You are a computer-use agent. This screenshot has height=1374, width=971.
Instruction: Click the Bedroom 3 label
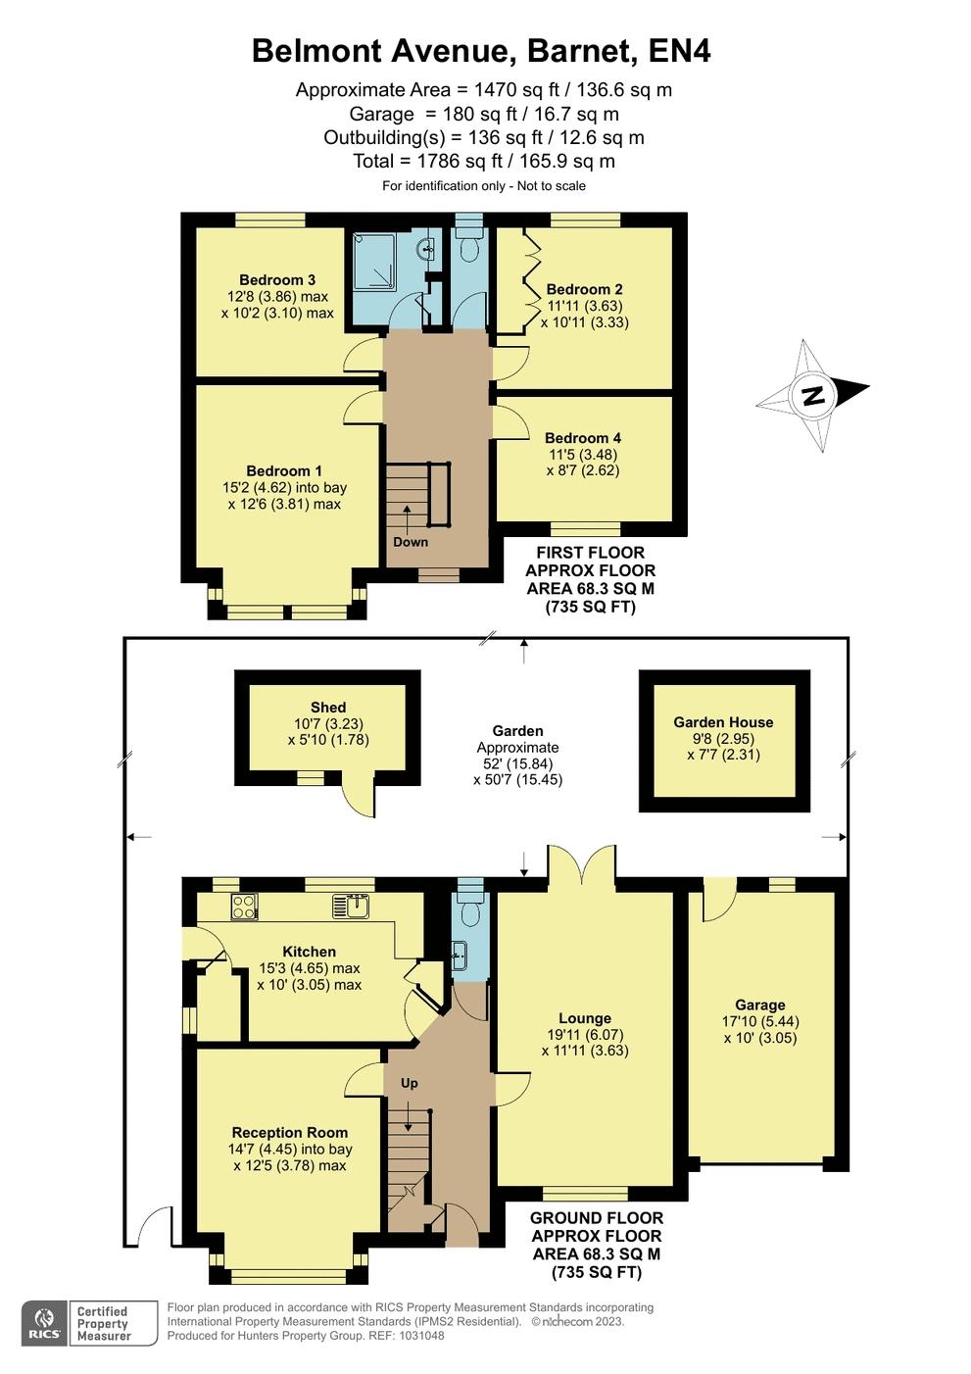[x=277, y=279]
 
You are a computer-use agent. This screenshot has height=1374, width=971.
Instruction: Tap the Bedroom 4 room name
[x=582, y=438]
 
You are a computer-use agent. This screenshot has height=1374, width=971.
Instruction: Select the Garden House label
[x=723, y=722]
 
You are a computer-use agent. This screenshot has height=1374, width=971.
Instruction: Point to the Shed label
[x=328, y=708]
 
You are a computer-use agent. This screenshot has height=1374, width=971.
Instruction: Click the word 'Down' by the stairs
[x=411, y=542]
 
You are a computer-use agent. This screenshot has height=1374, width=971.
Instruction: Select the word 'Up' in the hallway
[x=410, y=1083]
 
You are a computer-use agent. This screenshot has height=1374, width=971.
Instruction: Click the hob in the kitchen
[x=244, y=907]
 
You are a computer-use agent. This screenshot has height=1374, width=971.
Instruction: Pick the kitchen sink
[x=351, y=907]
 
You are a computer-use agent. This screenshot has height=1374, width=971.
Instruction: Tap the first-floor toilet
[x=469, y=243]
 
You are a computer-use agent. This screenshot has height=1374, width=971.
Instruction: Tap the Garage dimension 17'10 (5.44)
[x=760, y=1021]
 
